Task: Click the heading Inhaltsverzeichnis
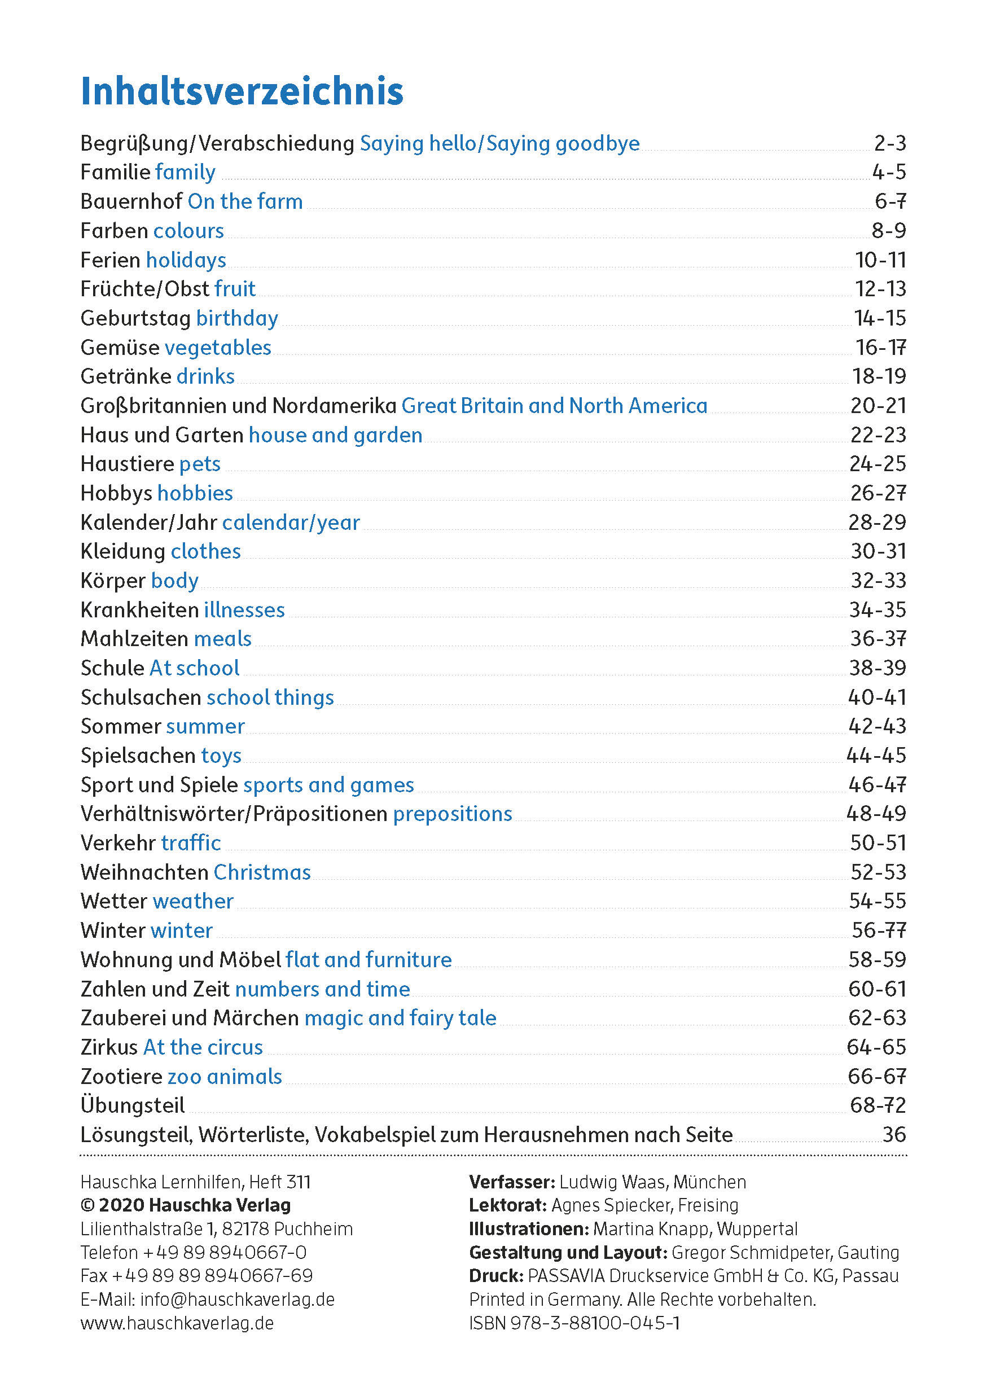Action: [x=242, y=91]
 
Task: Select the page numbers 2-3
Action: [x=889, y=143]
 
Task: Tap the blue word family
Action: [x=185, y=173]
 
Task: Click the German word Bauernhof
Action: [x=131, y=201]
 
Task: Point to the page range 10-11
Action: [x=880, y=260]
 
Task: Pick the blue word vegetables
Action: [x=218, y=348]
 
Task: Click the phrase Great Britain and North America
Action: [x=554, y=406]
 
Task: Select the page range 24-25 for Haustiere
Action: [x=878, y=464]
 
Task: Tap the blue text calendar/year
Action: [x=291, y=523]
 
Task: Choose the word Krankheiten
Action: [x=139, y=610]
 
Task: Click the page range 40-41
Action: [x=876, y=697]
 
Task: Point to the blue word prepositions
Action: [x=453, y=814]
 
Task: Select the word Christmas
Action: [x=262, y=872]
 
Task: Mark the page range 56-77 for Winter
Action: [x=879, y=931]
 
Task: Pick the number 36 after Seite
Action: [x=894, y=1135]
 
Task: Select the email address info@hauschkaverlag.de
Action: [x=237, y=1300]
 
